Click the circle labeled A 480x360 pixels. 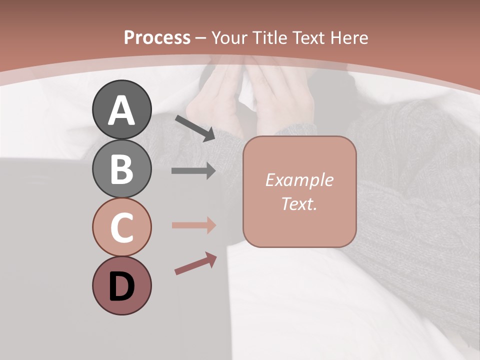[x=121, y=109]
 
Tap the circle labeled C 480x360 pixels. [x=121, y=227]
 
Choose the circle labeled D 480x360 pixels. [x=121, y=285]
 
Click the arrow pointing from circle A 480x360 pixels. [x=195, y=128]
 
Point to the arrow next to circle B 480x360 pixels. [x=193, y=171]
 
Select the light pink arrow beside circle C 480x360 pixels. [x=193, y=225]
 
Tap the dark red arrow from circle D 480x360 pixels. [x=195, y=263]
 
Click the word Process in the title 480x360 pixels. [x=157, y=37]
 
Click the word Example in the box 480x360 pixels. [x=299, y=180]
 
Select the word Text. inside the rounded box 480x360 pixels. [x=299, y=203]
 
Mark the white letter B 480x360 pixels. [x=121, y=169]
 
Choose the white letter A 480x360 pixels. [x=121, y=110]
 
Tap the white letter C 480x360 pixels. [x=121, y=228]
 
